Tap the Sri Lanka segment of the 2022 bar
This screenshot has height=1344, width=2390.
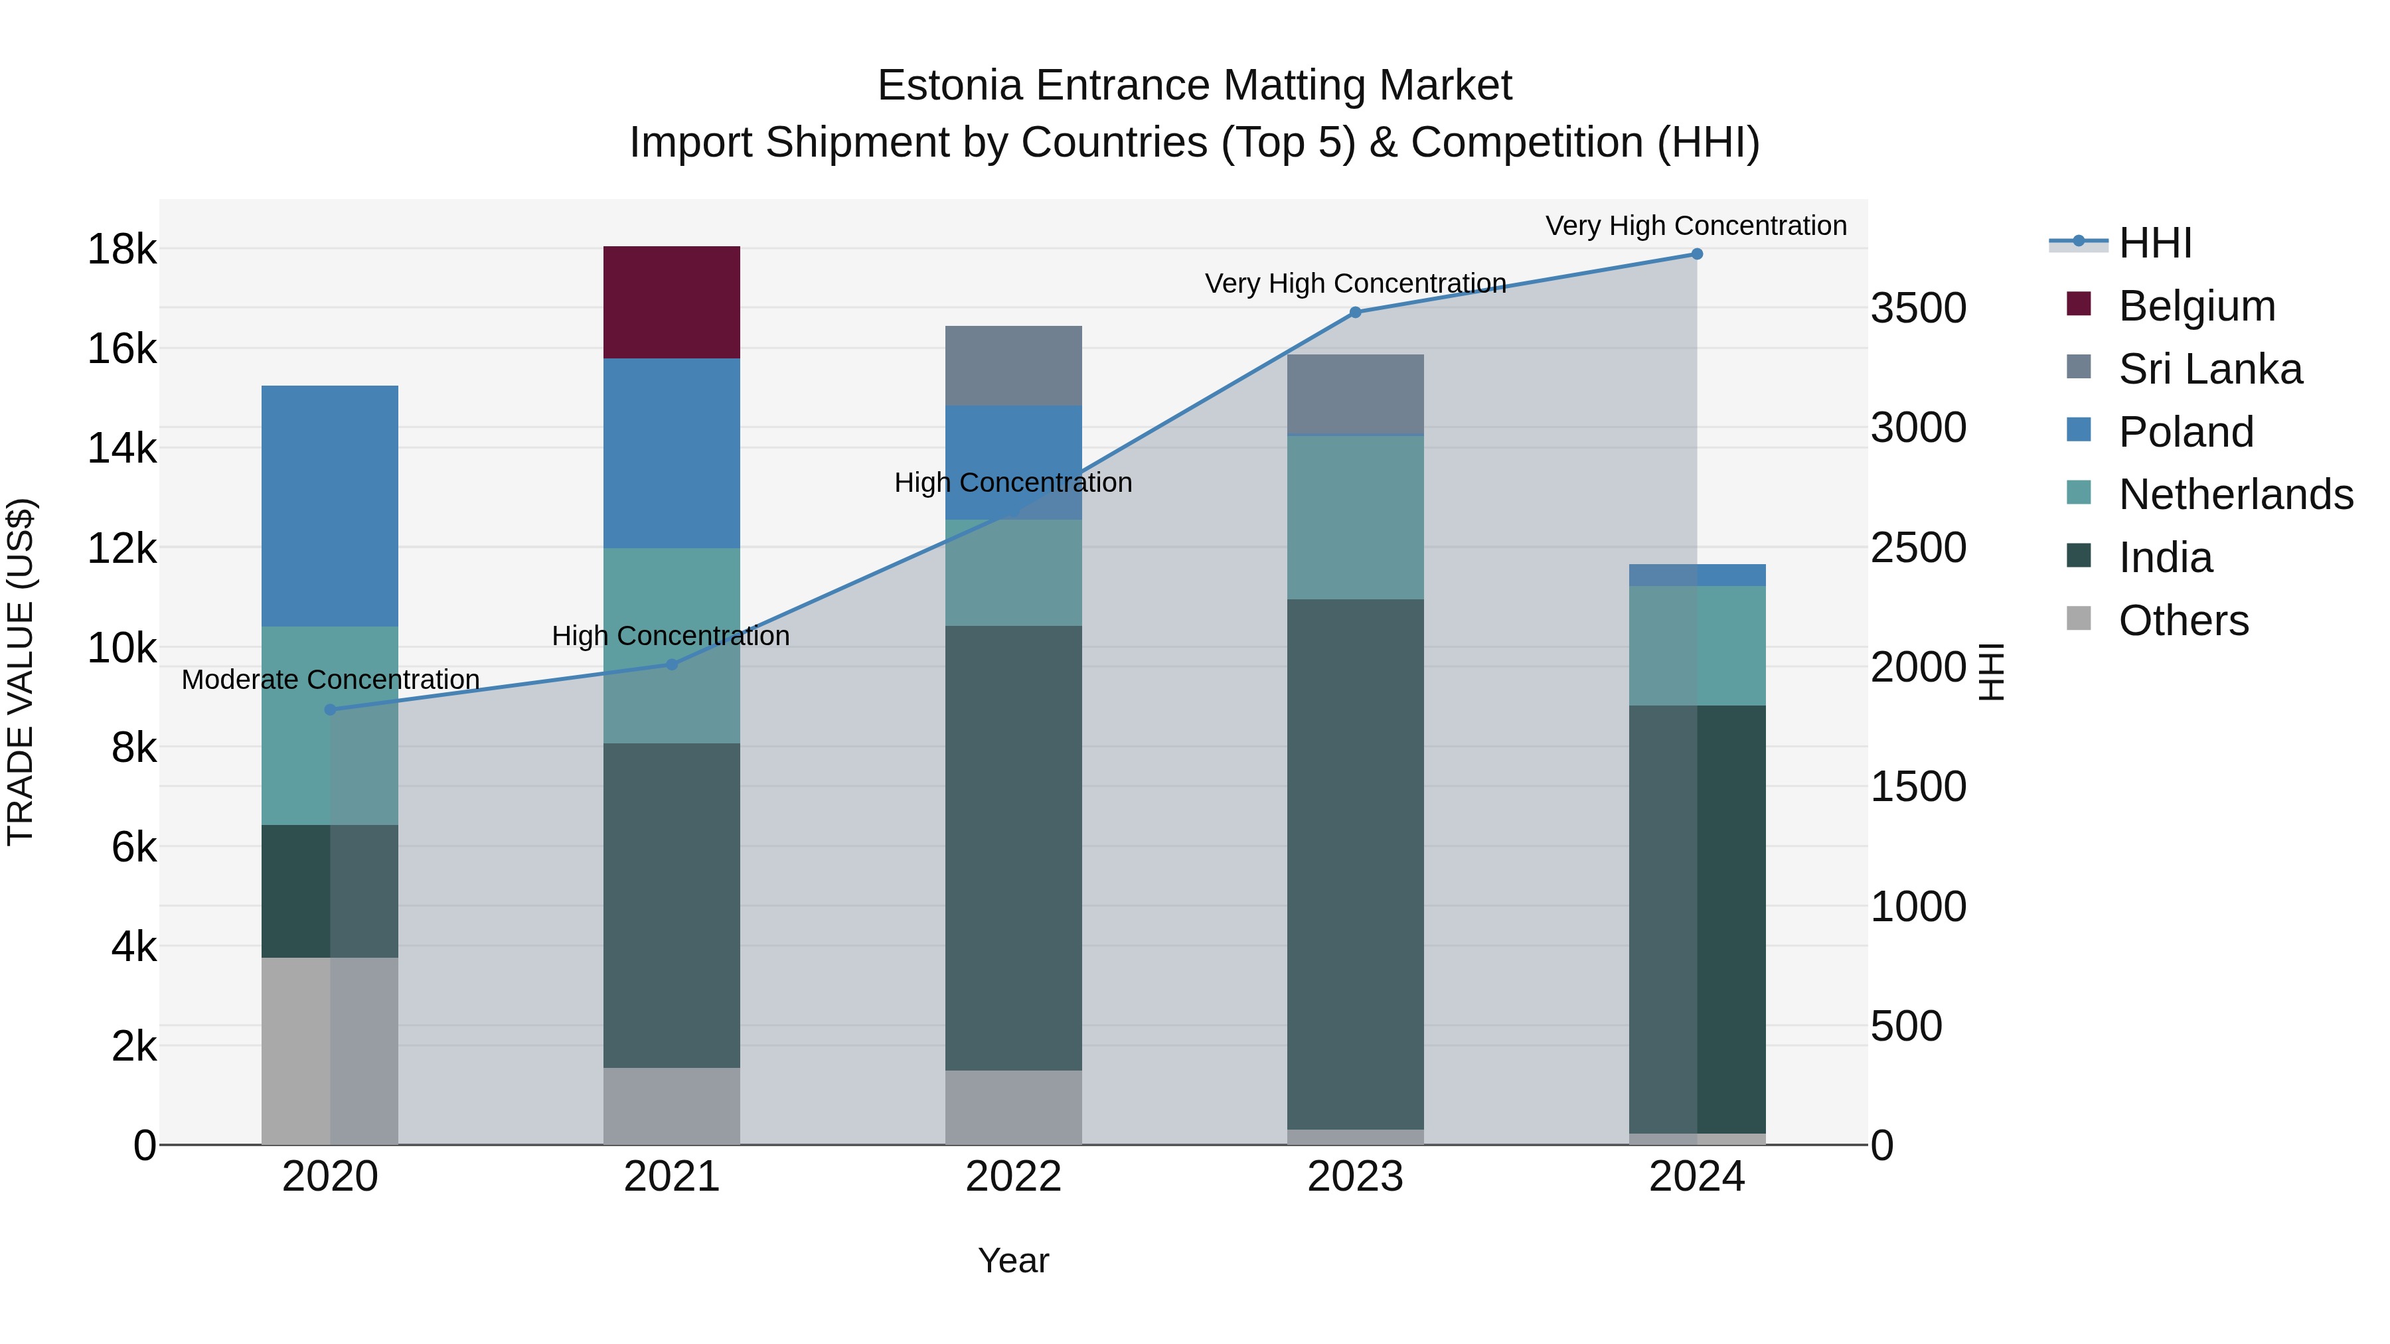1013,366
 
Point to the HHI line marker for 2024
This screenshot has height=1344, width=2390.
1696,254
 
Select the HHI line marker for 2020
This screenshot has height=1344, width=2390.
331,709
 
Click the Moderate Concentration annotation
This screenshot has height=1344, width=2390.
331,680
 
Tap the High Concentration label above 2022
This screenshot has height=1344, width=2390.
1013,483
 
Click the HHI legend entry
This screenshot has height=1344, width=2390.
2154,243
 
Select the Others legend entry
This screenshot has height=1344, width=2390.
2183,621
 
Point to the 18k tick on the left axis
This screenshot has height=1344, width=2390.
121,250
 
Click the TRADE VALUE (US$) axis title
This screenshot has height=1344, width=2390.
21,672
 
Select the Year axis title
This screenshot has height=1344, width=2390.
1013,1260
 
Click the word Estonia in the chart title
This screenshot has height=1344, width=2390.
950,86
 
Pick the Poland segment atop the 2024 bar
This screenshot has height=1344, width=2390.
1696,575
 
